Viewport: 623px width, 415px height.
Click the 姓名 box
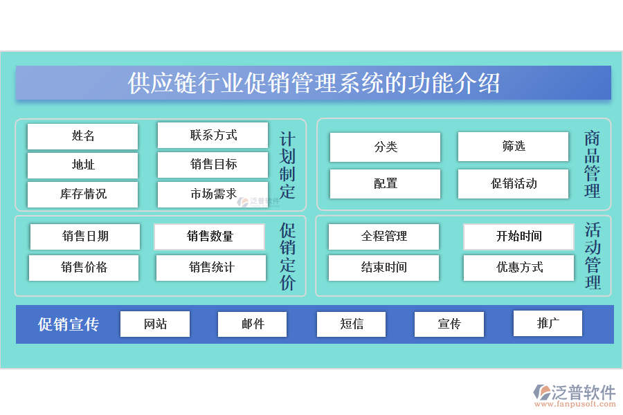click(82, 136)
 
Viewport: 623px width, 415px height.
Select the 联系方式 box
click(213, 136)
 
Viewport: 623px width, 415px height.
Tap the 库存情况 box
click(82, 194)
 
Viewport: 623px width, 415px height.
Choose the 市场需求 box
click(213, 194)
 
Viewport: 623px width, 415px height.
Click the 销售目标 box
click(213, 165)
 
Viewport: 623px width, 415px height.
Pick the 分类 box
click(385, 147)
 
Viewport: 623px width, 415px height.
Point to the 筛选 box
click(513, 147)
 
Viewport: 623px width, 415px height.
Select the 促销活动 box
click(513, 184)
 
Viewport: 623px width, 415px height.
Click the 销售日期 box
click(84, 237)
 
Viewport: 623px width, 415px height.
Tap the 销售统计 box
click(211, 268)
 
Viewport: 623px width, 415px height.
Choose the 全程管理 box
click(383, 237)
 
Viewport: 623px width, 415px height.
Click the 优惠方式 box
click(518, 268)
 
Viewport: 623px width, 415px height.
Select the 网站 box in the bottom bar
click(155, 324)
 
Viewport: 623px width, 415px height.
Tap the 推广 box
click(548, 323)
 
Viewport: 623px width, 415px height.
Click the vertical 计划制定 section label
click(287, 165)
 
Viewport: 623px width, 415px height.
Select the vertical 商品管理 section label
click(592, 165)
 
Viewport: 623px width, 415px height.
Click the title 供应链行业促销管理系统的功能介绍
click(314, 83)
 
